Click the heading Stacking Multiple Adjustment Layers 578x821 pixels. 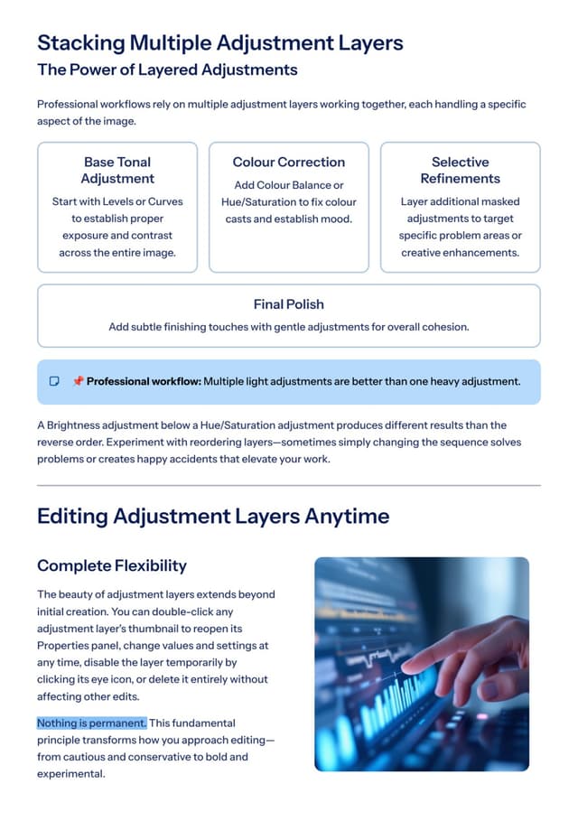pos(219,43)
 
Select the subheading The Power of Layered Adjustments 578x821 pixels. pos(167,70)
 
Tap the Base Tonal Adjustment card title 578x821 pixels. pos(117,170)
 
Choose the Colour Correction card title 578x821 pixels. pos(288,162)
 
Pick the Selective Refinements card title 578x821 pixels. pos(461,170)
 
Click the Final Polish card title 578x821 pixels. pos(288,304)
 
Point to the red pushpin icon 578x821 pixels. pos(78,381)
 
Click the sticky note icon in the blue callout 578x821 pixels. pos(54,381)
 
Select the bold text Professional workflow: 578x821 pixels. pos(144,381)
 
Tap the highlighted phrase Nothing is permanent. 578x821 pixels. pos(91,723)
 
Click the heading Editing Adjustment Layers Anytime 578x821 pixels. pos(213,517)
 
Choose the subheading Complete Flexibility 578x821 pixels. pos(112,565)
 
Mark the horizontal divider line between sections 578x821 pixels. pos(288,485)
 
